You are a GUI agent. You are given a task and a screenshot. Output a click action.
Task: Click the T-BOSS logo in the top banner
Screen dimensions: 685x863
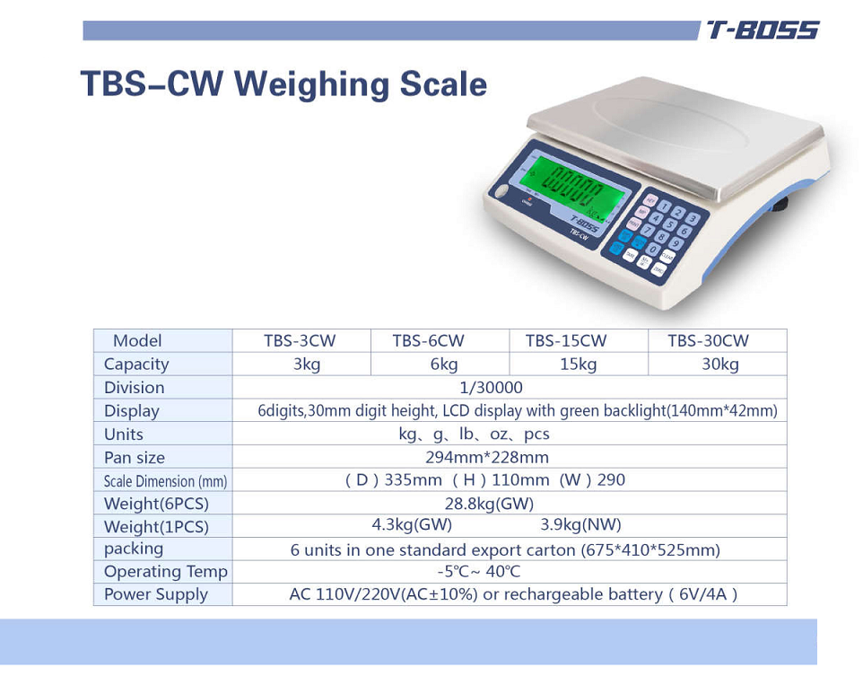click(763, 31)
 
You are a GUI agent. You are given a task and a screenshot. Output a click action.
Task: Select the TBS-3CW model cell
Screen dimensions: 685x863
click(300, 341)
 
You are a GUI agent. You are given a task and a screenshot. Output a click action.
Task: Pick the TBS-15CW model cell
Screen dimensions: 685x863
click(566, 341)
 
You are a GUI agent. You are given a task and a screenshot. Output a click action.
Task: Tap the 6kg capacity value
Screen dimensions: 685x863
click(443, 364)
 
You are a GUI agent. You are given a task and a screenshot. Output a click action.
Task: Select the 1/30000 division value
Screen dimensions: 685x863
click(490, 388)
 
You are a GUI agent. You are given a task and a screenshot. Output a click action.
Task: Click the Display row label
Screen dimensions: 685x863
click(131, 411)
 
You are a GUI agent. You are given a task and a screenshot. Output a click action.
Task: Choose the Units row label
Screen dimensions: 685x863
click(124, 435)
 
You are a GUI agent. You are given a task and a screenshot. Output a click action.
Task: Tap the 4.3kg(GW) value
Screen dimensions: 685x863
click(412, 525)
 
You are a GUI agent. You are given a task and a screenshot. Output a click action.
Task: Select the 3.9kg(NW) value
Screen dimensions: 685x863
click(580, 525)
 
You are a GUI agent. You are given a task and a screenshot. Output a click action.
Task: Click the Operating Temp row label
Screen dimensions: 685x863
click(165, 572)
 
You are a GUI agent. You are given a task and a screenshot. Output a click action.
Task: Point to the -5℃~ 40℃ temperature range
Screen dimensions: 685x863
click(478, 572)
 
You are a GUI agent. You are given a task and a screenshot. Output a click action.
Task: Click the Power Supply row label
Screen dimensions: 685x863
click(155, 594)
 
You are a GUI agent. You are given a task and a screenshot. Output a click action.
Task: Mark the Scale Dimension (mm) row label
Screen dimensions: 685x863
click(165, 481)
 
